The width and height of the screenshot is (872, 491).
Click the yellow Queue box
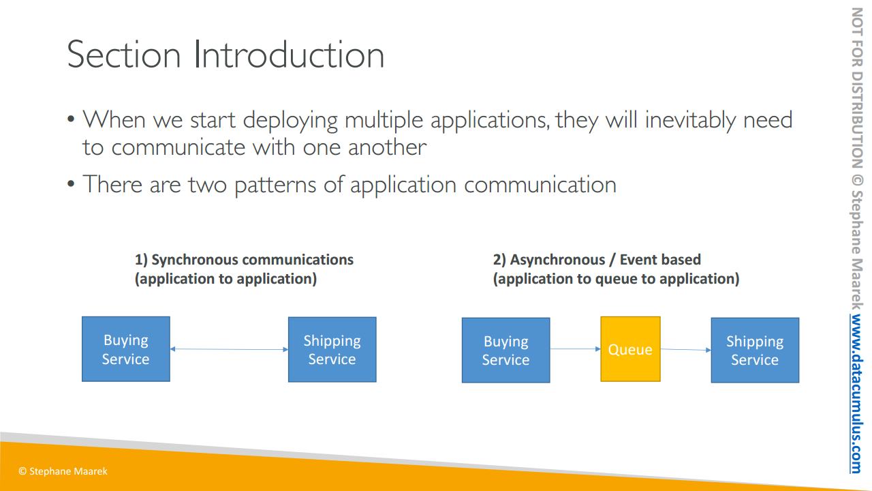click(x=630, y=349)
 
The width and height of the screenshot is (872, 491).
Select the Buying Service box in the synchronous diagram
click(x=126, y=349)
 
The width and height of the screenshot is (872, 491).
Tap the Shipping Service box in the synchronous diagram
click(x=332, y=350)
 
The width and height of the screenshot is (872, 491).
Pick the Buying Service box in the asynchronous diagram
click(x=505, y=351)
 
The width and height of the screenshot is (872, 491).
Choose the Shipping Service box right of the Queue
click(x=755, y=351)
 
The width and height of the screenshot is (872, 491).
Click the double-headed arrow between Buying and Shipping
click(x=230, y=349)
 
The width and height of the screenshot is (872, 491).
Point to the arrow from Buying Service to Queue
click(x=576, y=348)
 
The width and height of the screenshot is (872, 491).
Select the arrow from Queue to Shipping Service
click(x=686, y=350)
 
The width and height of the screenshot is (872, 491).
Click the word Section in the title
click(x=124, y=55)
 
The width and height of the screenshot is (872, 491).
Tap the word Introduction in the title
click(x=289, y=55)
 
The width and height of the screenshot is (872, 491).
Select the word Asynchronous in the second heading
click(x=557, y=260)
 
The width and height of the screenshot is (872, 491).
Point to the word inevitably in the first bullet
click(x=690, y=120)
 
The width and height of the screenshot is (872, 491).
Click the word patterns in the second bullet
click(x=275, y=185)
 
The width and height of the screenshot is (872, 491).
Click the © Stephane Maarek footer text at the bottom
click(x=63, y=471)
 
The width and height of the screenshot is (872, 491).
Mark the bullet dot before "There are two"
click(x=70, y=183)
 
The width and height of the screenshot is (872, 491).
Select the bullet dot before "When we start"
click(x=70, y=119)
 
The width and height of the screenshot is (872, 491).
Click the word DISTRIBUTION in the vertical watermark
click(x=857, y=119)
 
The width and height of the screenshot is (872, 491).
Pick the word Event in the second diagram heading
click(x=637, y=260)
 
